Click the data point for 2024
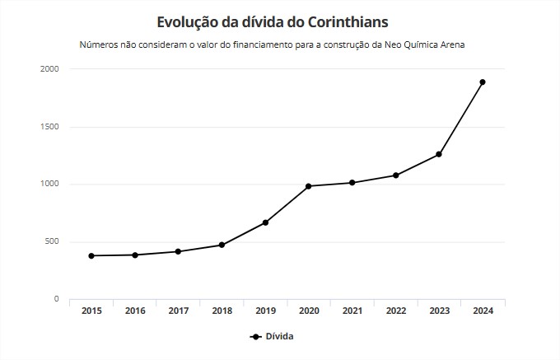pyautogui.click(x=483, y=82)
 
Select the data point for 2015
pyautogui.click(x=91, y=255)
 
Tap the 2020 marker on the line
pyautogui.click(x=308, y=186)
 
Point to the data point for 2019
pyautogui.click(x=265, y=222)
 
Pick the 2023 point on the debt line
pyautogui.click(x=439, y=154)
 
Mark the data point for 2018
pyautogui.click(x=222, y=245)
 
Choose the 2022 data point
pyautogui.click(x=395, y=175)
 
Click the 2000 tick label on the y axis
pyautogui.click(x=49, y=69)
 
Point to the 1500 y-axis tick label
pyautogui.click(x=49, y=127)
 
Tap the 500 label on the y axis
pyautogui.click(x=52, y=241)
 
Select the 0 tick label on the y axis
pyautogui.click(x=56, y=299)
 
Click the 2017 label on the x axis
pyautogui.click(x=179, y=311)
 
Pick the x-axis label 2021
pyautogui.click(x=352, y=311)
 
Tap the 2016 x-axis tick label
pyautogui.click(x=135, y=311)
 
